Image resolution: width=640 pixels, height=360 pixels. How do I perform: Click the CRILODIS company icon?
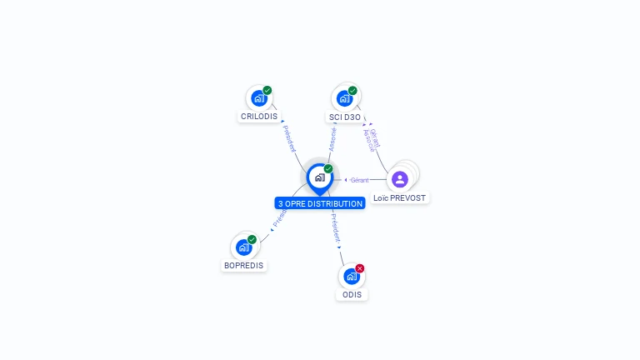258,98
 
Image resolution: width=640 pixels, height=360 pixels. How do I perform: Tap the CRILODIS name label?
259,117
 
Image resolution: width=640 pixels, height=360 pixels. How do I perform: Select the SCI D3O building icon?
344,98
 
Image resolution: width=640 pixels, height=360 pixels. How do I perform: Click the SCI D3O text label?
344,117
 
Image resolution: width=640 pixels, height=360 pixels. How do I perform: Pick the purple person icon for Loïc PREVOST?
400,179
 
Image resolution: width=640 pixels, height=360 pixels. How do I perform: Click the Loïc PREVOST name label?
400,198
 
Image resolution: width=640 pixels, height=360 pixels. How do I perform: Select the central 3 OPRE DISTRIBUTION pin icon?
319,177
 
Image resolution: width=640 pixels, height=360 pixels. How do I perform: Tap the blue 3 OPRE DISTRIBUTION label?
320,203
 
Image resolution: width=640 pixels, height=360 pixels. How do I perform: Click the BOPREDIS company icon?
243,247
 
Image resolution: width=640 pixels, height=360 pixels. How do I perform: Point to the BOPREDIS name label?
243,266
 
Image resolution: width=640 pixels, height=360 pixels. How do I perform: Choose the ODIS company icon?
352,276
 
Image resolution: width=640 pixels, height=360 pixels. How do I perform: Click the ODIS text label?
352,295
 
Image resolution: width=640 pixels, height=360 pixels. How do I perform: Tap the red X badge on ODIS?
360,268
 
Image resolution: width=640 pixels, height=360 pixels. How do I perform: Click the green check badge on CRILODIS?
267,90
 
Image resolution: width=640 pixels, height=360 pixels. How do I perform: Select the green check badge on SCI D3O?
352,90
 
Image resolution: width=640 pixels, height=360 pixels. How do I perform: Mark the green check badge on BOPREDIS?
252,240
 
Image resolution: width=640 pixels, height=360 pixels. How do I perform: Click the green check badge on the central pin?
328,168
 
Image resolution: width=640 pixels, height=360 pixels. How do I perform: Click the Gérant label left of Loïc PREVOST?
359,180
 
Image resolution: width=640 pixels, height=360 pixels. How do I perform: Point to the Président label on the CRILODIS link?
289,138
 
